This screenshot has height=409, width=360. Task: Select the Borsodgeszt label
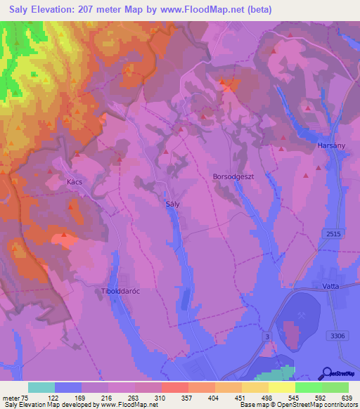[x=233, y=177]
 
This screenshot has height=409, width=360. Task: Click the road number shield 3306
[x=339, y=336]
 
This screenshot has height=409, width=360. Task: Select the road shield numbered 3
[x=267, y=337]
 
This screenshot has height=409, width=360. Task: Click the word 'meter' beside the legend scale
[x=11, y=397]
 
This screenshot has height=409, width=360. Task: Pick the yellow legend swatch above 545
[x=281, y=387]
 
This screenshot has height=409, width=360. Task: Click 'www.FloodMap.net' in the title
[x=217, y=10]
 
